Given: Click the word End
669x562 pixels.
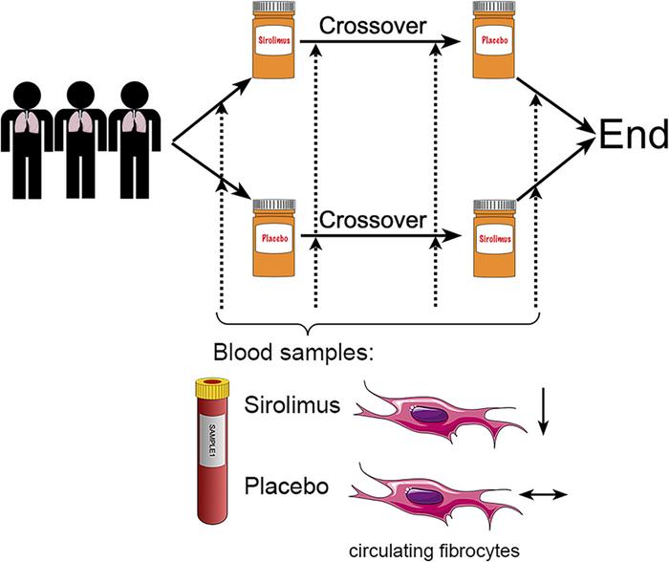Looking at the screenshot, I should click(x=632, y=137).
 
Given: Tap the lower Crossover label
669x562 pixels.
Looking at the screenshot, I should click(x=372, y=221).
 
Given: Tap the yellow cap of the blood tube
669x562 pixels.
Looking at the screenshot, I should click(x=215, y=386).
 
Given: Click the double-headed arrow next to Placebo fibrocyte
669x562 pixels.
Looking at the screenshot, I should click(x=543, y=495).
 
